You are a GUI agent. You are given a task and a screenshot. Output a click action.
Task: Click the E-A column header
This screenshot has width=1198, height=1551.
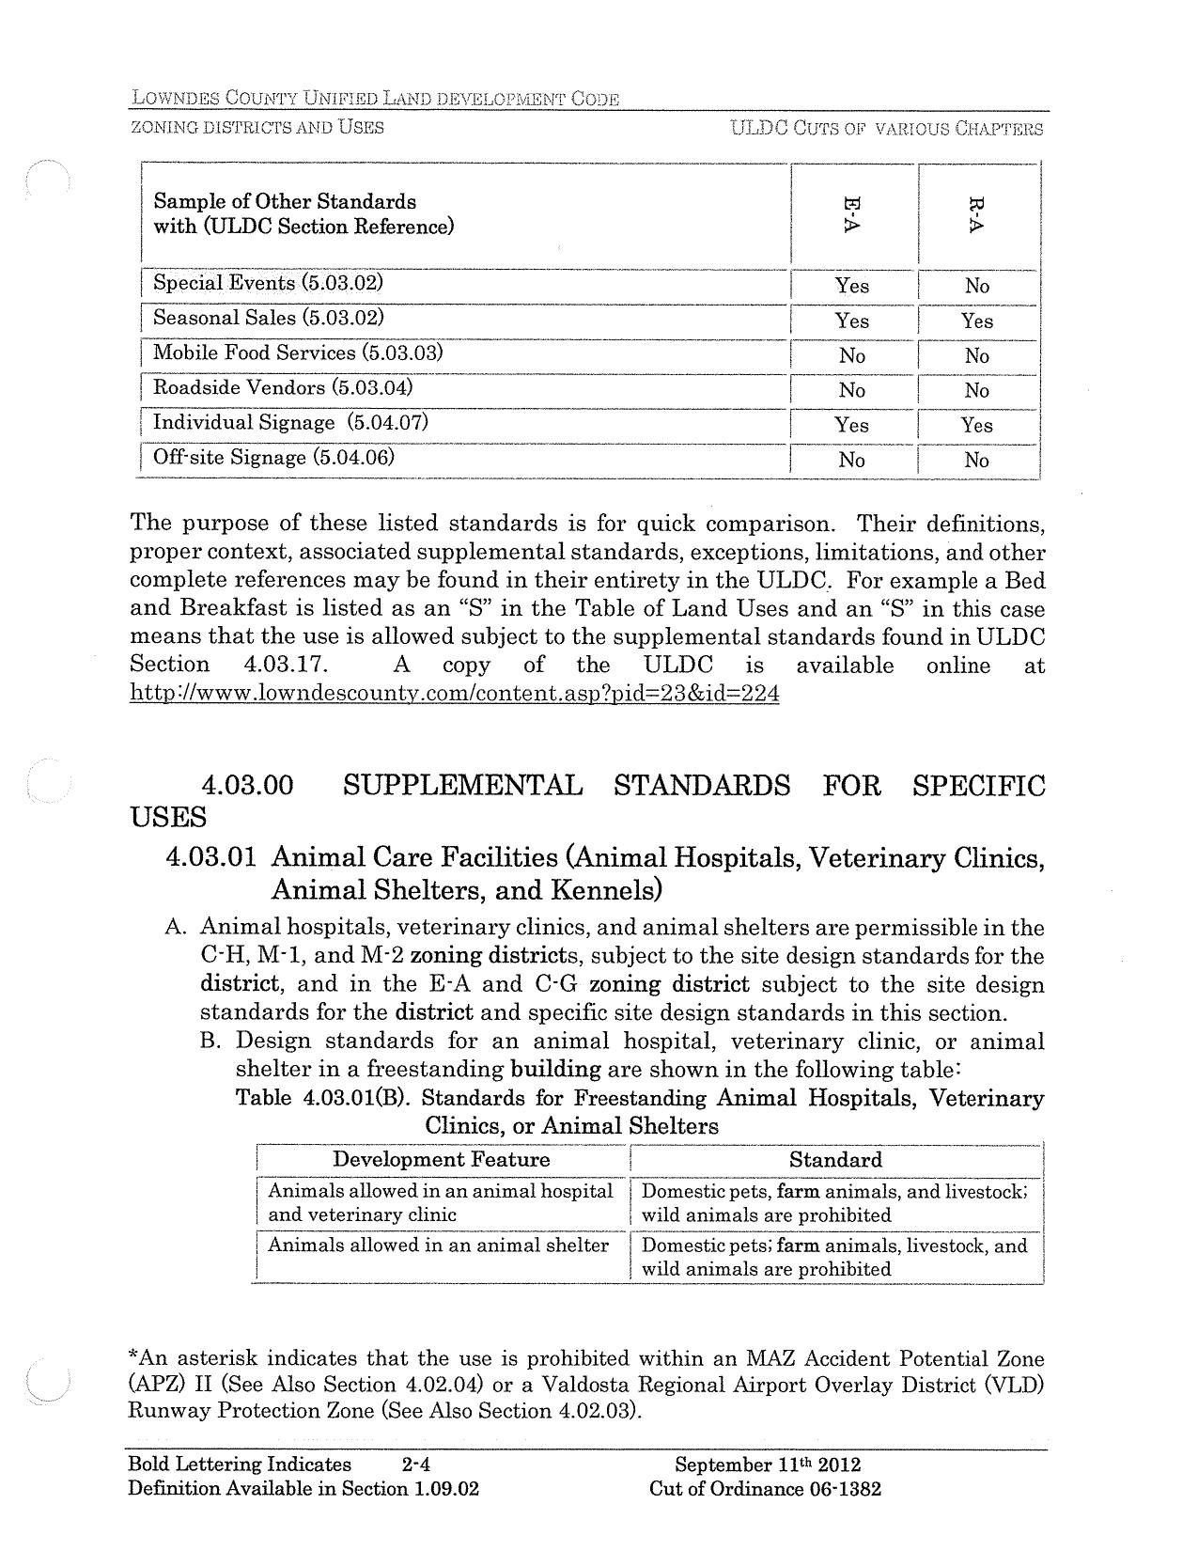pos(852,215)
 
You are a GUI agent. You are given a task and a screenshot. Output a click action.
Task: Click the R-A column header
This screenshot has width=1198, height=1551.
pos(977,215)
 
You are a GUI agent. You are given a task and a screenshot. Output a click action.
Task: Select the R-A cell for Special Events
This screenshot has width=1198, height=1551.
pos(977,286)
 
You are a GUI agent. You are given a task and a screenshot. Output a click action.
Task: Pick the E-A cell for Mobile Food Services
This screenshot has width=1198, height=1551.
pos(852,355)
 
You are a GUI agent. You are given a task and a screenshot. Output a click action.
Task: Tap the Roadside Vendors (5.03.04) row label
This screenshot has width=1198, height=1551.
pos(283,387)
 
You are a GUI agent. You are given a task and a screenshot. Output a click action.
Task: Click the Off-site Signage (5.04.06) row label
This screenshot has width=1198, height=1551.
pos(273,458)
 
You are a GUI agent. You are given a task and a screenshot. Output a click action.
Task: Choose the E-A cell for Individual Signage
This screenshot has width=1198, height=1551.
pos(852,425)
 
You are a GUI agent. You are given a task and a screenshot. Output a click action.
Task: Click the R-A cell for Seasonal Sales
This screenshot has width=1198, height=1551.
pos(977,321)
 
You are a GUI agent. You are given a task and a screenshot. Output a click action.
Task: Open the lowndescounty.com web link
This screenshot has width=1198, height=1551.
pos(454,695)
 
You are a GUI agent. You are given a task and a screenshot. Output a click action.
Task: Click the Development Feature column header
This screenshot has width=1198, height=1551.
pos(442,1159)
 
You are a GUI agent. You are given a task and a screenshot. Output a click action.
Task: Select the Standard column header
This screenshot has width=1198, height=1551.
pos(835,1159)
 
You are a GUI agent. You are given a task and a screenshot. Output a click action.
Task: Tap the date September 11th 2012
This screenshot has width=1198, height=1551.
pos(768,1465)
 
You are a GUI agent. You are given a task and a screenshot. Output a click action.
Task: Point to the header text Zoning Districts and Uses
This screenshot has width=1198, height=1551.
pos(257,127)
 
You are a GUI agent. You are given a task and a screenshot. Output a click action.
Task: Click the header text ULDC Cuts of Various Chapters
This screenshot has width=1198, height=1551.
pos(886,128)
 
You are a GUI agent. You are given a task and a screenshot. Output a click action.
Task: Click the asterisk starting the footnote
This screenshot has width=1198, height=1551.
pos(133,1356)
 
